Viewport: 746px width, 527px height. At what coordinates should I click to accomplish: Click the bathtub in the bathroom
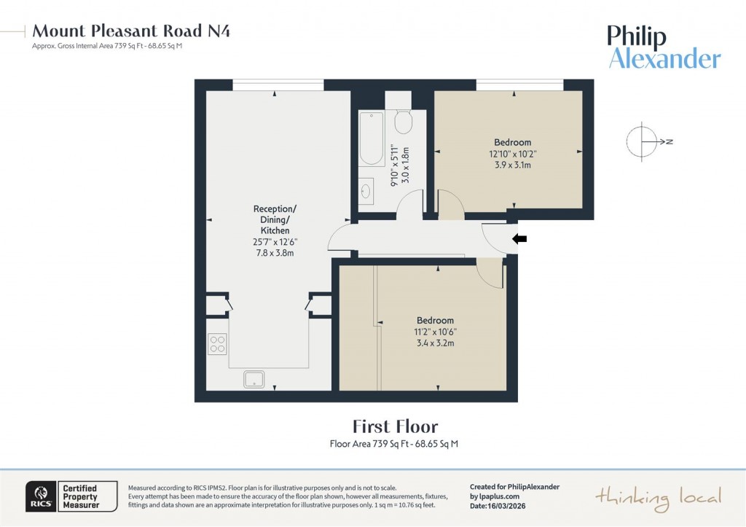(x=372, y=138)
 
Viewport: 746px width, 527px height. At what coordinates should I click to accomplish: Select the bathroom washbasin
(x=366, y=192)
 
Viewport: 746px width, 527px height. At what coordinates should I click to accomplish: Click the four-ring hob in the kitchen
(x=217, y=343)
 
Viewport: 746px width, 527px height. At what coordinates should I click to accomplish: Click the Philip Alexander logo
(x=664, y=47)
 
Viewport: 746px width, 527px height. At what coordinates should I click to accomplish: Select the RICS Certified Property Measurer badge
(x=71, y=496)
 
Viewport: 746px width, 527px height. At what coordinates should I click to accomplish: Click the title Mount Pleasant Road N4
(x=132, y=31)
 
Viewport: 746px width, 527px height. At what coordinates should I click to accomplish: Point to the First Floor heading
(x=395, y=426)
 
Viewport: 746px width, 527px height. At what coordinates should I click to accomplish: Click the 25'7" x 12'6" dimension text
(x=270, y=241)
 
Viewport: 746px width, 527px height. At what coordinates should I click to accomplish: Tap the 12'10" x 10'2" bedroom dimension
(x=512, y=154)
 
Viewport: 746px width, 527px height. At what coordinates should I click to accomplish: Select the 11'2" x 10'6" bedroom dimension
(x=435, y=332)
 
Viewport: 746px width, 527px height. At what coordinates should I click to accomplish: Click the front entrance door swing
(x=497, y=238)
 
